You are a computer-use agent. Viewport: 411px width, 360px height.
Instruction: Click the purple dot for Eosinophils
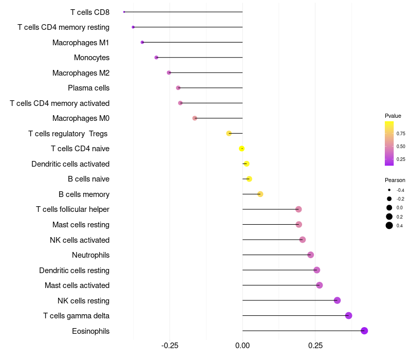point(364,331)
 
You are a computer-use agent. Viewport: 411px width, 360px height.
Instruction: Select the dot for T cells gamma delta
point(349,316)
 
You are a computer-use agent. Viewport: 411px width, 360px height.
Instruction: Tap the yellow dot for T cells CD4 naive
point(241,149)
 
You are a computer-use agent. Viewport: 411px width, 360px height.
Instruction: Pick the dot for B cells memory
point(260,194)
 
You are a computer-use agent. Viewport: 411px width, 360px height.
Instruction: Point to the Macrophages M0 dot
point(195,118)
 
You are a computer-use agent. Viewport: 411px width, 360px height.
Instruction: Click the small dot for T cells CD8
point(124,12)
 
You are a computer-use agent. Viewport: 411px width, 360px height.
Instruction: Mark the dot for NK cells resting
point(337,300)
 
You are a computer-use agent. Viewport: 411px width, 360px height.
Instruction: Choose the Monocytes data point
point(156,58)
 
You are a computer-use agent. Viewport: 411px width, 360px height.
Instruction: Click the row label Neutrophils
point(90,255)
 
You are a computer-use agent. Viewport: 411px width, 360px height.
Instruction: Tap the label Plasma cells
point(88,88)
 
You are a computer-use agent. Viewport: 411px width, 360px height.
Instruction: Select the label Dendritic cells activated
point(70,164)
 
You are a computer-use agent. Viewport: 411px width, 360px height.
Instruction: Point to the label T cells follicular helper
point(72,209)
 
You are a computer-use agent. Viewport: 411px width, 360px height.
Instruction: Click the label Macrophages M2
point(81,73)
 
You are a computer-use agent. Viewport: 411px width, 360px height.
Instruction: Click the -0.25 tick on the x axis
point(170,346)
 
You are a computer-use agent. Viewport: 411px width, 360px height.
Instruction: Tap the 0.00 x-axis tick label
point(242,346)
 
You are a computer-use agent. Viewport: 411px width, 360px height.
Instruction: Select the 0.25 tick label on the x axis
point(315,346)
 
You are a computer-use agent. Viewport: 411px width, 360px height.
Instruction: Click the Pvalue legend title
point(393,116)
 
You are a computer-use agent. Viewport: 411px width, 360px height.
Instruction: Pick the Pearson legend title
point(395,180)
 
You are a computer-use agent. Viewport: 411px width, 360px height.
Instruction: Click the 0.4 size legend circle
point(389,225)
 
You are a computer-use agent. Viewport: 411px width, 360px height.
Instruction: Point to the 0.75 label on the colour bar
point(401,134)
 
